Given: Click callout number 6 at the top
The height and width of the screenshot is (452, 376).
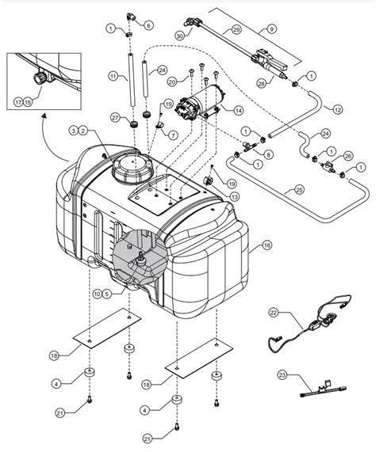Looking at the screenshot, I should click(148, 25).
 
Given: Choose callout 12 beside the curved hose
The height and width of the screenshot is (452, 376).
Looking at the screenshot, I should click(337, 108).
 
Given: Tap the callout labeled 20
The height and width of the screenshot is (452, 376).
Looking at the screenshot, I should click(171, 81).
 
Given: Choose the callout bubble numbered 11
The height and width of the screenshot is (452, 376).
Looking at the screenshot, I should click(114, 77).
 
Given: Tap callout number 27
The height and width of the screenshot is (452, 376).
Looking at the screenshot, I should click(115, 118).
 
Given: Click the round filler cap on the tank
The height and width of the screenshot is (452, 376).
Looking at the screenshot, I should click(129, 167).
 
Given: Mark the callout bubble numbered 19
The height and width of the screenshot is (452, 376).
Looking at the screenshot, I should click(167, 104).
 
